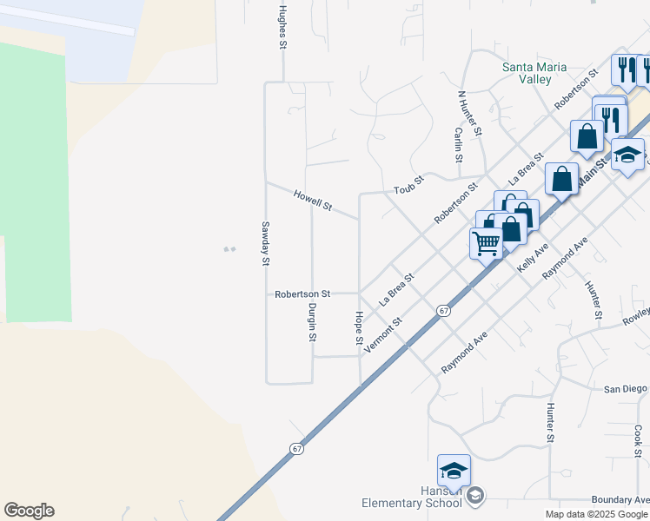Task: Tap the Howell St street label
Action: (x=313, y=201)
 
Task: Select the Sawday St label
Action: (x=267, y=243)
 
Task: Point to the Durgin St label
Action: (x=311, y=321)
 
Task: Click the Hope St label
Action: (x=358, y=327)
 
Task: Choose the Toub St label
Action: (x=408, y=184)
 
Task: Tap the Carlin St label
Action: (x=458, y=145)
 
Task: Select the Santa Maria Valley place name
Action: (x=535, y=73)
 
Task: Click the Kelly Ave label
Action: (x=533, y=259)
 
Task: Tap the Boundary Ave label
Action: (x=620, y=499)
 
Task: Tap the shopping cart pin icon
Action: (x=487, y=242)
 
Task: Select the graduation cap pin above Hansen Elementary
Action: (x=454, y=471)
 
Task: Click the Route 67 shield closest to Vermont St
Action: (x=443, y=311)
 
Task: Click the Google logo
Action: (x=29, y=511)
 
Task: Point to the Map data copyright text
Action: (x=597, y=514)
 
